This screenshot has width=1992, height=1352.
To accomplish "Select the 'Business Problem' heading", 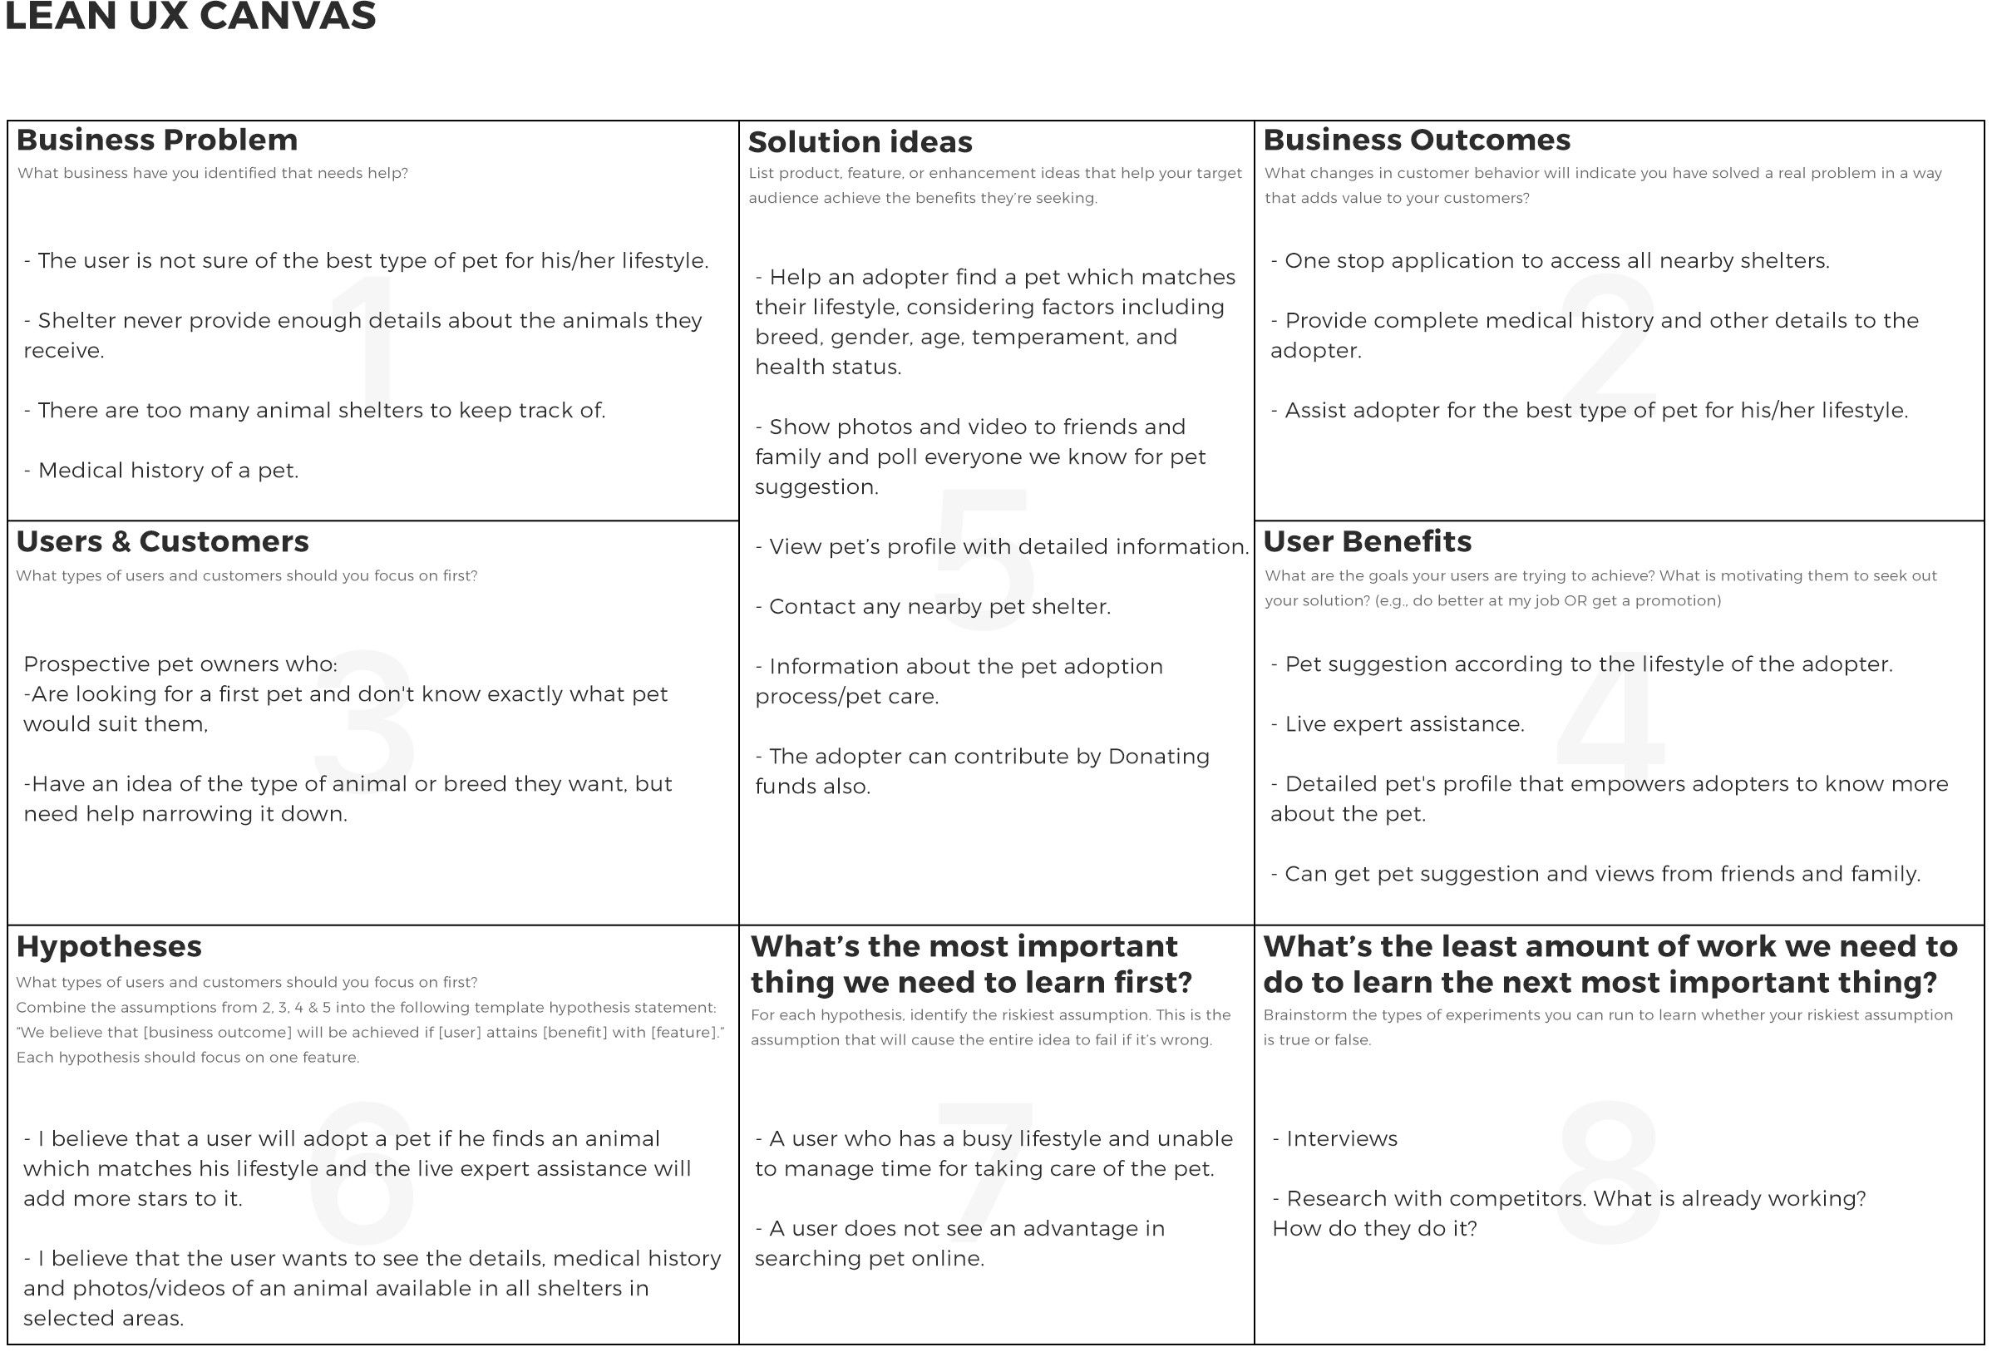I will pyautogui.click(x=157, y=140).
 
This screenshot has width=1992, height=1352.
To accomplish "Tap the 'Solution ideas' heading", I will pyautogui.click(x=860, y=141).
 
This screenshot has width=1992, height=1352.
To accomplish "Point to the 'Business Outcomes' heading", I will pyautogui.click(x=1416, y=140).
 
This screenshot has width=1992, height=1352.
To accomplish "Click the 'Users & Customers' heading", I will pyautogui.click(x=162, y=541).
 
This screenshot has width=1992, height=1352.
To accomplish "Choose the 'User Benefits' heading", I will pyautogui.click(x=1367, y=541).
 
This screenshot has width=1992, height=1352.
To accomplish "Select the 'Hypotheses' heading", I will pyautogui.click(x=109, y=945).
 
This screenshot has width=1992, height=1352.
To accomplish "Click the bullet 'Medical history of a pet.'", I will pyautogui.click(x=161, y=470).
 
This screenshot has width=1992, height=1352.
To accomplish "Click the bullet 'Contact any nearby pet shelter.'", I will pyautogui.click(x=933, y=606).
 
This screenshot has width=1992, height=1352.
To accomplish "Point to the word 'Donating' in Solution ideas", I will pyautogui.click(x=1159, y=756).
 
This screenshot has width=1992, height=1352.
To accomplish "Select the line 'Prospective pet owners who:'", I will pyautogui.click(x=180, y=664).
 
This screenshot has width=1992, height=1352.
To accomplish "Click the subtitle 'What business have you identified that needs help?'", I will pyautogui.click(x=213, y=173).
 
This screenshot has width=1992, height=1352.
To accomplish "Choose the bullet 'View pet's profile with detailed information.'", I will pyautogui.click(x=1001, y=546).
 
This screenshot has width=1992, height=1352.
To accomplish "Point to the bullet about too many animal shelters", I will pyautogui.click(x=314, y=410).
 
